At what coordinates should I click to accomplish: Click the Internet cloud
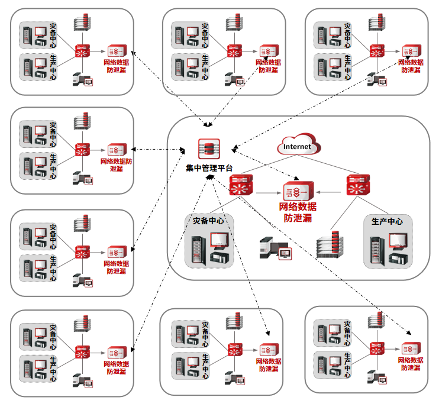(x=298, y=145)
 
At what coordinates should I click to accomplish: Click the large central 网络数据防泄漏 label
(x=299, y=212)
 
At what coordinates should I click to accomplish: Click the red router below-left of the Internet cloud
(x=241, y=186)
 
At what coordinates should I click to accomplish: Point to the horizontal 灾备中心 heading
(x=208, y=221)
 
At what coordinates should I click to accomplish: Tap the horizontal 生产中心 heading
(x=387, y=221)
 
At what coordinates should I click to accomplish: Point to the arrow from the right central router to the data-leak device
(x=330, y=192)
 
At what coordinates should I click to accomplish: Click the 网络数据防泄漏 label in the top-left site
(x=116, y=66)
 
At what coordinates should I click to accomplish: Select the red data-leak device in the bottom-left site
(x=116, y=351)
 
